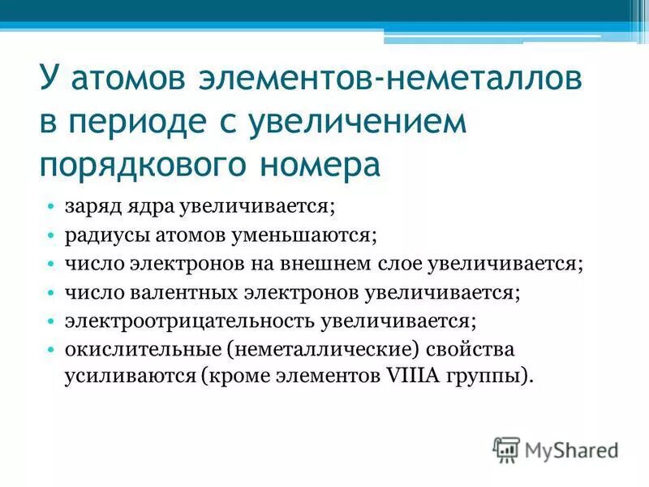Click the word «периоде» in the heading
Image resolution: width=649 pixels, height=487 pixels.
pyautogui.click(x=153, y=123)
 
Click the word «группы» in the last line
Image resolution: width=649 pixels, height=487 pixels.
pyautogui.click(x=491, y=376)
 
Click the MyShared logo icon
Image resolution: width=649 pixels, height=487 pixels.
pyautogui.click(x=507, y=449)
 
